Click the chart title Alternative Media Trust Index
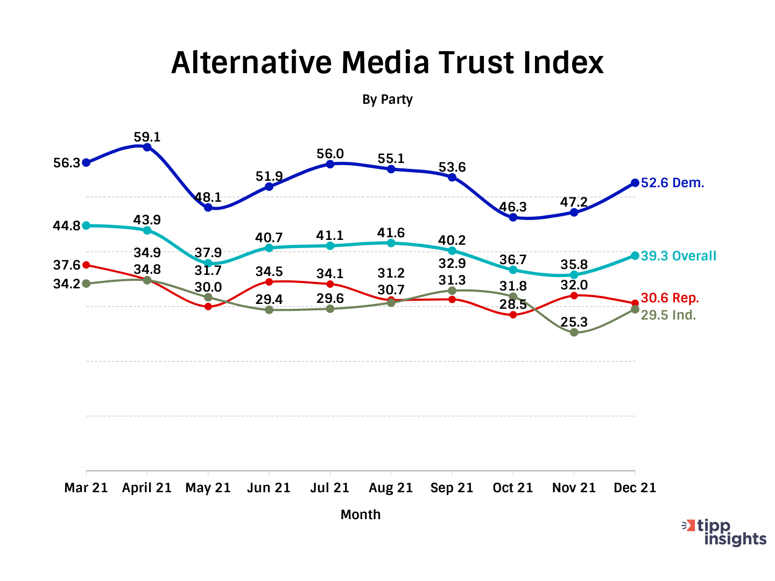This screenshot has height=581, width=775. click(x=387, y=62)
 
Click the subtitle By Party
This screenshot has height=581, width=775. click(x=387, y=100)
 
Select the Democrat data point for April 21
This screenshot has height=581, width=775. click(x=147, y=147)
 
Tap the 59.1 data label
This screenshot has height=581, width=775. click(x=147, y=137)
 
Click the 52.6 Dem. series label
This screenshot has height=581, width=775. click(x=672, y=183)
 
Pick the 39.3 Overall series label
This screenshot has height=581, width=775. click(x=678, y=256)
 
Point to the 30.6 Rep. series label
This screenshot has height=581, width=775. click(x=670, y=298)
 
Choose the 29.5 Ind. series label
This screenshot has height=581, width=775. click(x=668, y=315)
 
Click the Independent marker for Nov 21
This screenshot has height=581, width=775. click(x=574, y=332)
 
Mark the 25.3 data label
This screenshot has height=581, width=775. click(x=574, y=322)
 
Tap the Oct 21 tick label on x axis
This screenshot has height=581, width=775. click(x=512, y=488)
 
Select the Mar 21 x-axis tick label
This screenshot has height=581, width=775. click(x=86, y=488)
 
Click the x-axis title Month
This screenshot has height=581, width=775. click(x=360, y=515)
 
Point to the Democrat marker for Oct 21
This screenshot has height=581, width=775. click(x=513, y=217)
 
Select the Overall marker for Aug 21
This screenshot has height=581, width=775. click(x=391, y=243)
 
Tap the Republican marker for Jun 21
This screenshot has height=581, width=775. click(x=269, y=282)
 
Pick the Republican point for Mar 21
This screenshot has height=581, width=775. click(x=86, y=265)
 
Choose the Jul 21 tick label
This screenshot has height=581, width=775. click(x=329, y=488)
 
